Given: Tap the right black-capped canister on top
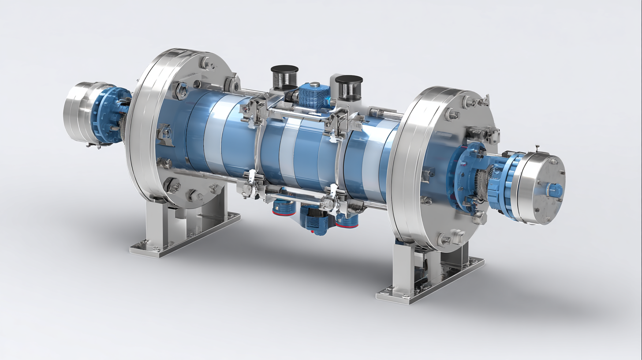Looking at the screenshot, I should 349,87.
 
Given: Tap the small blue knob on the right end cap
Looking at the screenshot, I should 555,191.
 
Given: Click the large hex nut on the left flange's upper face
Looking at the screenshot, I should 181,91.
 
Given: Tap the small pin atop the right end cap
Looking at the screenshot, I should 537,147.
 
